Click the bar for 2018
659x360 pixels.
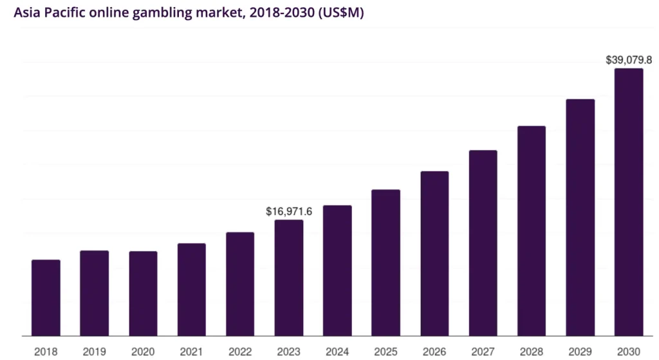(46, 298)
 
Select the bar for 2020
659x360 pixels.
(143, 293)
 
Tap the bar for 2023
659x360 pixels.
(289, 278)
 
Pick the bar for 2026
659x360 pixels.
(434, 253)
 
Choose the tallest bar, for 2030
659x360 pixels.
(629, 202)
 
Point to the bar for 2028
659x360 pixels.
(532, 231)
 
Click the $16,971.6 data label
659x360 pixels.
(289, 211)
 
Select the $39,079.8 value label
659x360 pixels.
(629, 60)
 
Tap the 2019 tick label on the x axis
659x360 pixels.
(95, 351)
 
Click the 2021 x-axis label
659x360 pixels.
(192, 351)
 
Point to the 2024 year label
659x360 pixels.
(337, 351)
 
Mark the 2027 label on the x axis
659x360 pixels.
(483, 351)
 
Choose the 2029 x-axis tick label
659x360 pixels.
(580, 351)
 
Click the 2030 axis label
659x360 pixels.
(629, 351)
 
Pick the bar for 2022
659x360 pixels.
(240, 284)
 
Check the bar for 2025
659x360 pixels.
(386, 263)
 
